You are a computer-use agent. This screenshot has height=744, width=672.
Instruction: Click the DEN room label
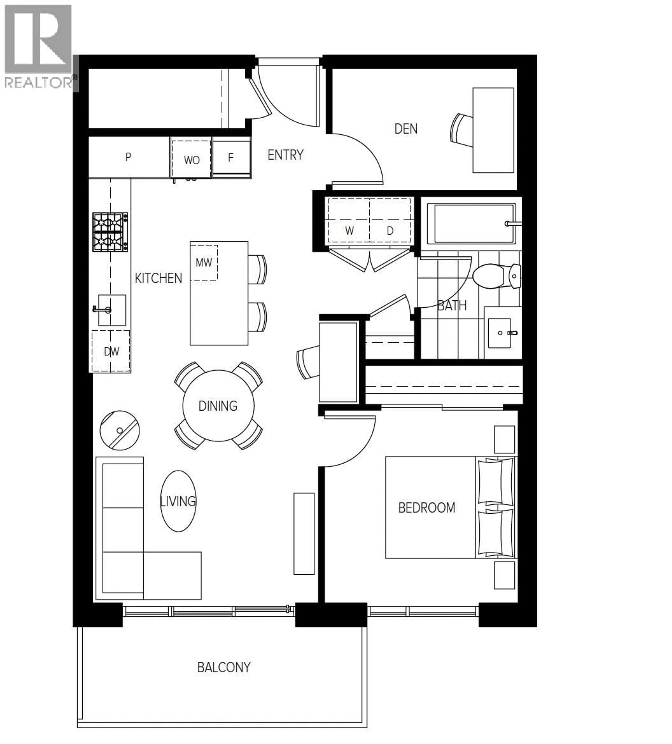406,129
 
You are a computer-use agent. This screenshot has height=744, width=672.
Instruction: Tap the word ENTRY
285,155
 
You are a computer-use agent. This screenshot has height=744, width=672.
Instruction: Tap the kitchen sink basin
112,310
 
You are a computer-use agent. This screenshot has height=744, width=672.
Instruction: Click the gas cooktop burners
110,232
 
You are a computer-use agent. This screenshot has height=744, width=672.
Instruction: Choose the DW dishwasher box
111,351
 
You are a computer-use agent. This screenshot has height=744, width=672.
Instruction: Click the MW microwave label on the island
204,263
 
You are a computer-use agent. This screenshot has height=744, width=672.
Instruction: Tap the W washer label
349,231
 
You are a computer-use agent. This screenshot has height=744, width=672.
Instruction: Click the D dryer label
390,231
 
